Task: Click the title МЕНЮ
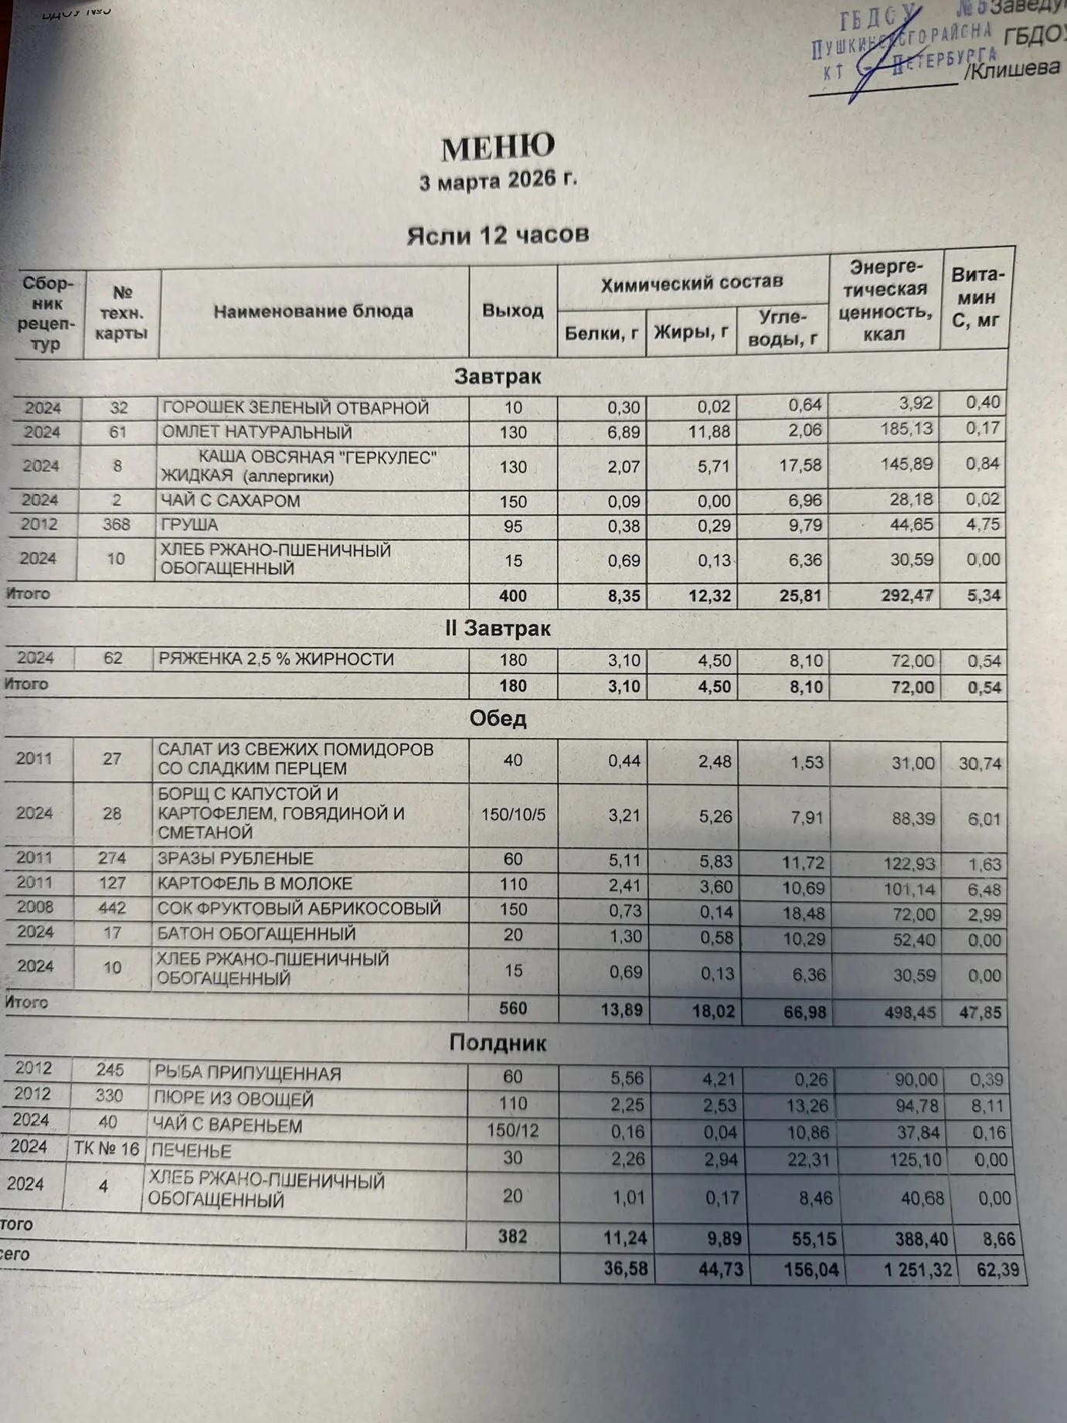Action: (x=498, y=147)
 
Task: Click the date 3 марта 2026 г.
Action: (x=498, y=181)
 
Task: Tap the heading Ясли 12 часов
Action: (x=498, y=234)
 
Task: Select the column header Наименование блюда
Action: (x=313, y=311)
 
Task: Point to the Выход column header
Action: (x=512, y=311)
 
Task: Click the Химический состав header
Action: (x=692, y=283)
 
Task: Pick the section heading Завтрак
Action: (x=498, y=376)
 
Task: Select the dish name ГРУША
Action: (x=189, y=526)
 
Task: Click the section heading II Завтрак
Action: (x=498, y=629)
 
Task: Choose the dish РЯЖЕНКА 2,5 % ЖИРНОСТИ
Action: (x=276, y=659)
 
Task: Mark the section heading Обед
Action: (x=498, y=719)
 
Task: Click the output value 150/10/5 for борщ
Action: (x=513, y=814)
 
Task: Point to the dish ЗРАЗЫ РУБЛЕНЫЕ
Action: (x=236, y=859)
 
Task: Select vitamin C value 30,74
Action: (x=980, y=764)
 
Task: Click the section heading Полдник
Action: (x=498, y=1043)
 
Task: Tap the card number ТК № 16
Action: (x=107, y=1149)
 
